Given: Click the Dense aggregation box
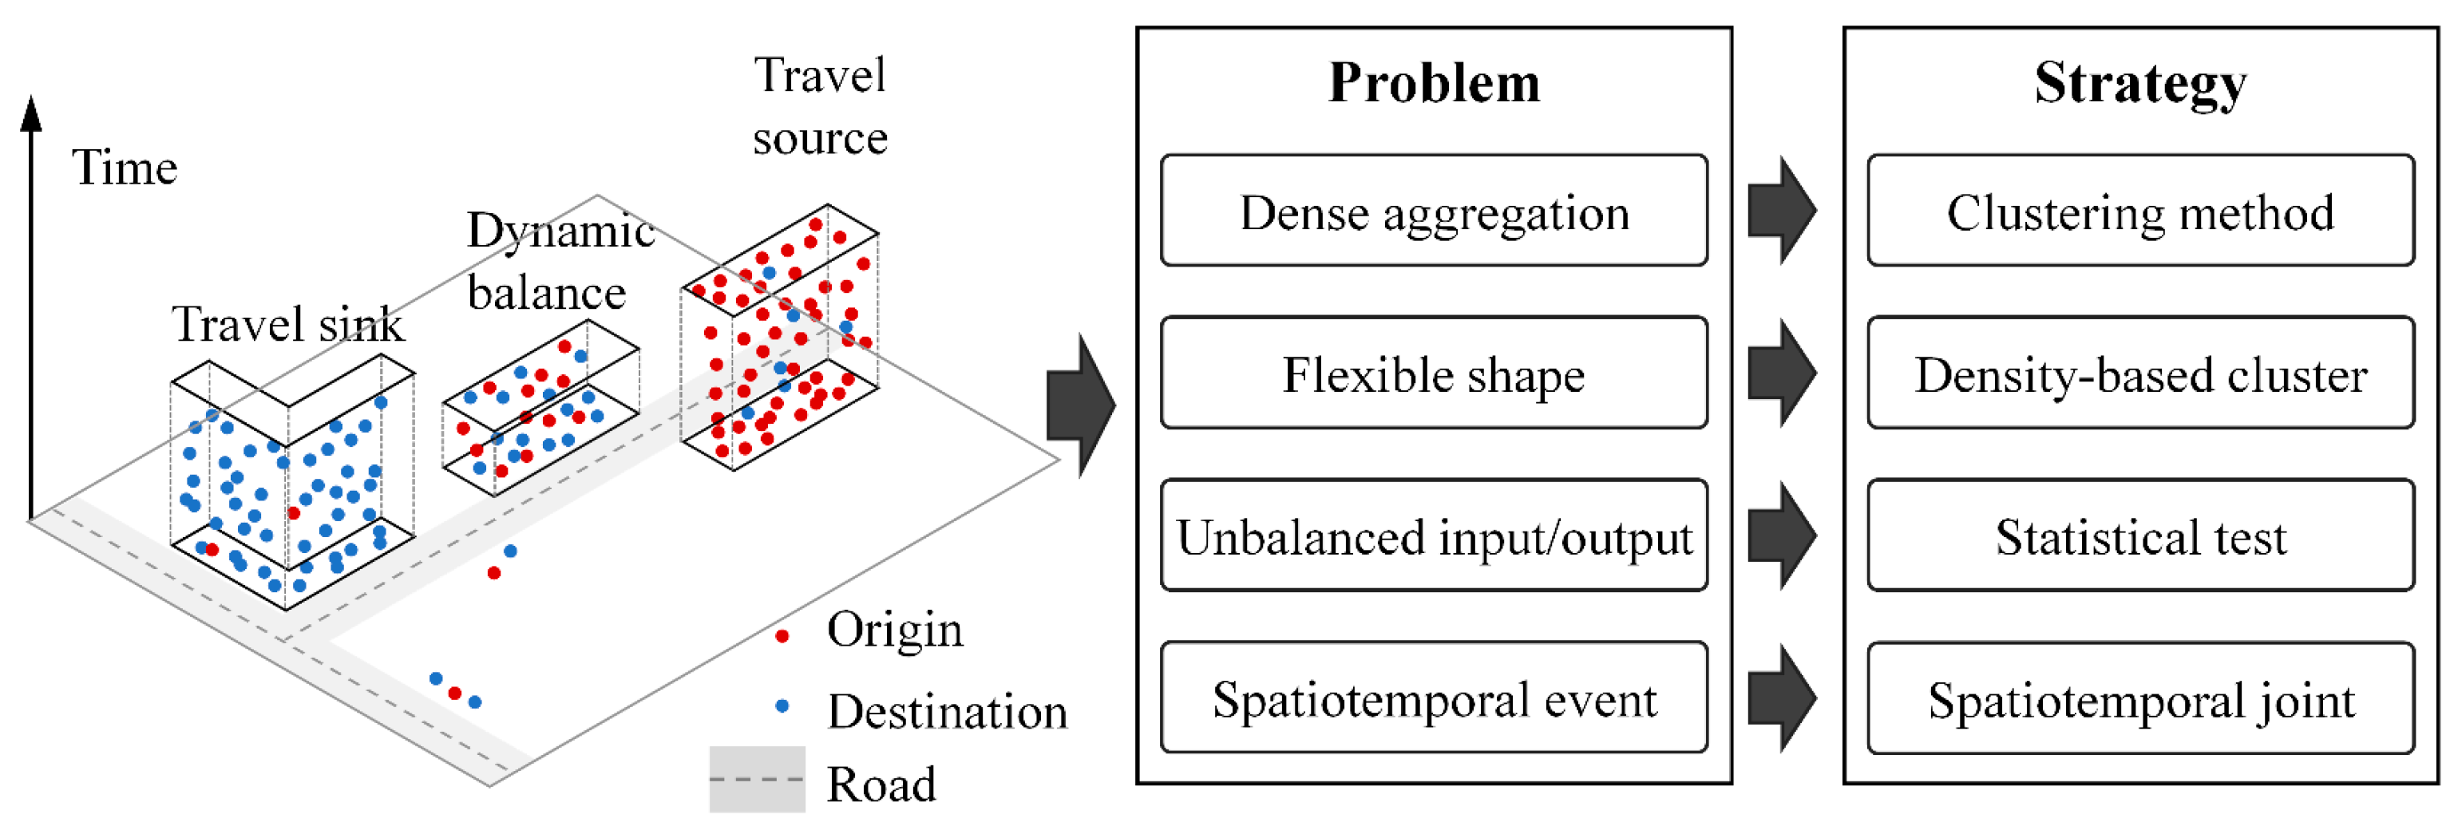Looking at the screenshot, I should coord(1433,211).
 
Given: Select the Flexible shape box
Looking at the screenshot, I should coord(1433,374).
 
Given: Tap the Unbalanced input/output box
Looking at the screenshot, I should coord(1433,536).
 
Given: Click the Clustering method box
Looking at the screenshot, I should coord(2139,211).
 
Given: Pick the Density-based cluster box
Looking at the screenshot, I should coord(2139,374).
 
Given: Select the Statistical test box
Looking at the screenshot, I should coord(2139,536).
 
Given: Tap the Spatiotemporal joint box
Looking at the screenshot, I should coord(2139,699).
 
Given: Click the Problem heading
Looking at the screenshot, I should coord(1433,83).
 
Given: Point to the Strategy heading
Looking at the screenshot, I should coord(2139,83).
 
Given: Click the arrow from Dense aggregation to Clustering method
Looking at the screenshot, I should coord(1783,211).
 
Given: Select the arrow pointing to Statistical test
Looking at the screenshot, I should coord(1783,536).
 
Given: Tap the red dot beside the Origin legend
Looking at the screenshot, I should coord(782,636).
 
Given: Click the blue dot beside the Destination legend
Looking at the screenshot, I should coord(782,706).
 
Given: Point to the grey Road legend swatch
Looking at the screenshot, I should coord(758,779).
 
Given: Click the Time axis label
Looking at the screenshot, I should coord(125,168).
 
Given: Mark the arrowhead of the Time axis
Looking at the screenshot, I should coord(31,113).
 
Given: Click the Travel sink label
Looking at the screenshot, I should coord(287,325).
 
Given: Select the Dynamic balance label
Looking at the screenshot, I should coord(557,261).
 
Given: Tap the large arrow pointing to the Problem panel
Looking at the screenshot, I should coord(1080,405).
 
